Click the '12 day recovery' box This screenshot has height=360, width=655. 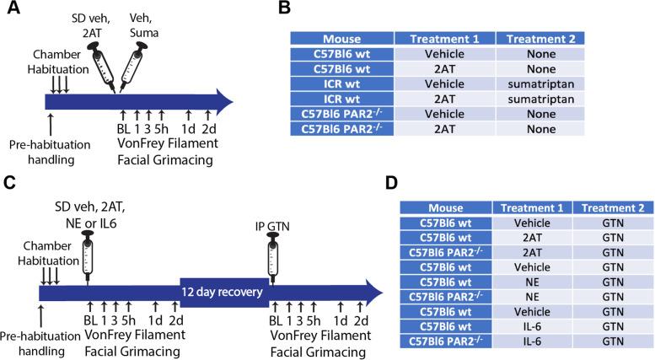(x=223, y=292)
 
